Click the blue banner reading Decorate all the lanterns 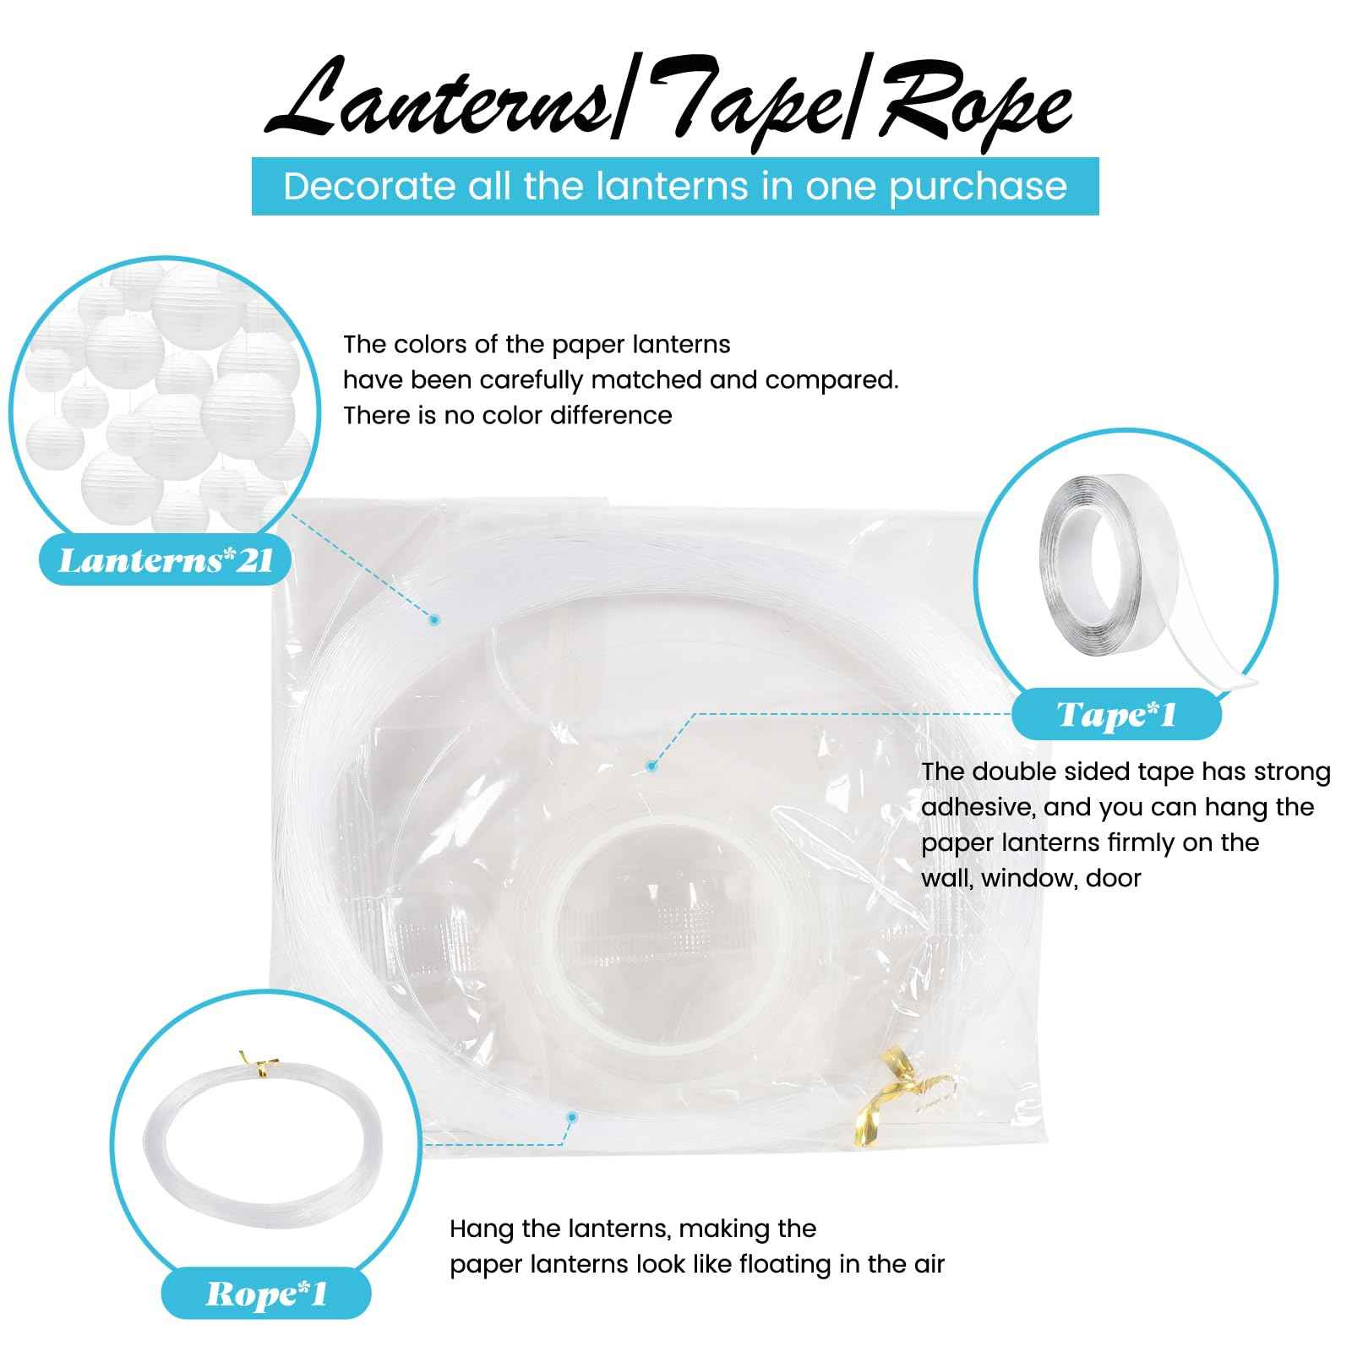[675, 186]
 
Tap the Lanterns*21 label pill [166, 559]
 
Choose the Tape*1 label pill [1116, 715]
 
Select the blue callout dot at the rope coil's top [434, 619]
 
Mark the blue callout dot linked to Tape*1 [651, 766]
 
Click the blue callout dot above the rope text [572, 1118]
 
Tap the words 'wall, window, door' [1031, 879]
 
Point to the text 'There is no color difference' [507, 415]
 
